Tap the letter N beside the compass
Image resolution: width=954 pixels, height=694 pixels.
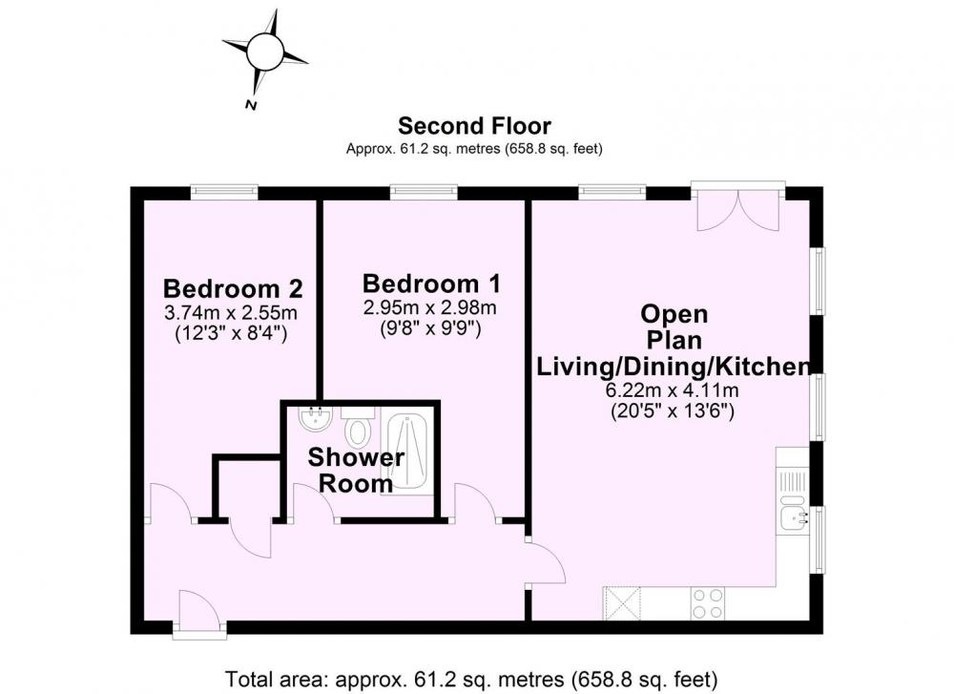coord(250,105)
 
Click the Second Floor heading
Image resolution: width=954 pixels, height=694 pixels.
coord(474,126)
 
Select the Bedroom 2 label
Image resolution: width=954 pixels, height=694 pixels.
coord(233,288)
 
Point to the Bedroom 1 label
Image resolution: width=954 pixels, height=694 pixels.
coord(432,284)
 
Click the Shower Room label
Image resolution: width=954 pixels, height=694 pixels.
coord(356,470)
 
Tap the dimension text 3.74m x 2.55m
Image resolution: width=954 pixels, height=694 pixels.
coord(231,313)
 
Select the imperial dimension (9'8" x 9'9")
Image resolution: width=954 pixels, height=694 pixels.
coord(431,328)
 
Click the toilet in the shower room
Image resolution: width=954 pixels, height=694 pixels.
coord(357,426)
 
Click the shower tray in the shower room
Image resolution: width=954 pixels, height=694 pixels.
coord(407,452)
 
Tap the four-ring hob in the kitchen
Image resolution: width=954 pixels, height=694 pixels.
coord(708,603)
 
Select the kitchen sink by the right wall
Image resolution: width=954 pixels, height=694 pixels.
coord(793,516)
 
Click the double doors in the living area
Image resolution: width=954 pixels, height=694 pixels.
coord(738,206)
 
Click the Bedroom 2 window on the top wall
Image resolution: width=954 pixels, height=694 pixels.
coord(224,192)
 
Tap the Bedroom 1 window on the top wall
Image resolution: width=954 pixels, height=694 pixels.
coord(424,192)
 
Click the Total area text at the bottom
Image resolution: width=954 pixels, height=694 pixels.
coord(471,678)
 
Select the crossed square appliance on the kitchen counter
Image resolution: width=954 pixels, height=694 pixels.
coord(622,603)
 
